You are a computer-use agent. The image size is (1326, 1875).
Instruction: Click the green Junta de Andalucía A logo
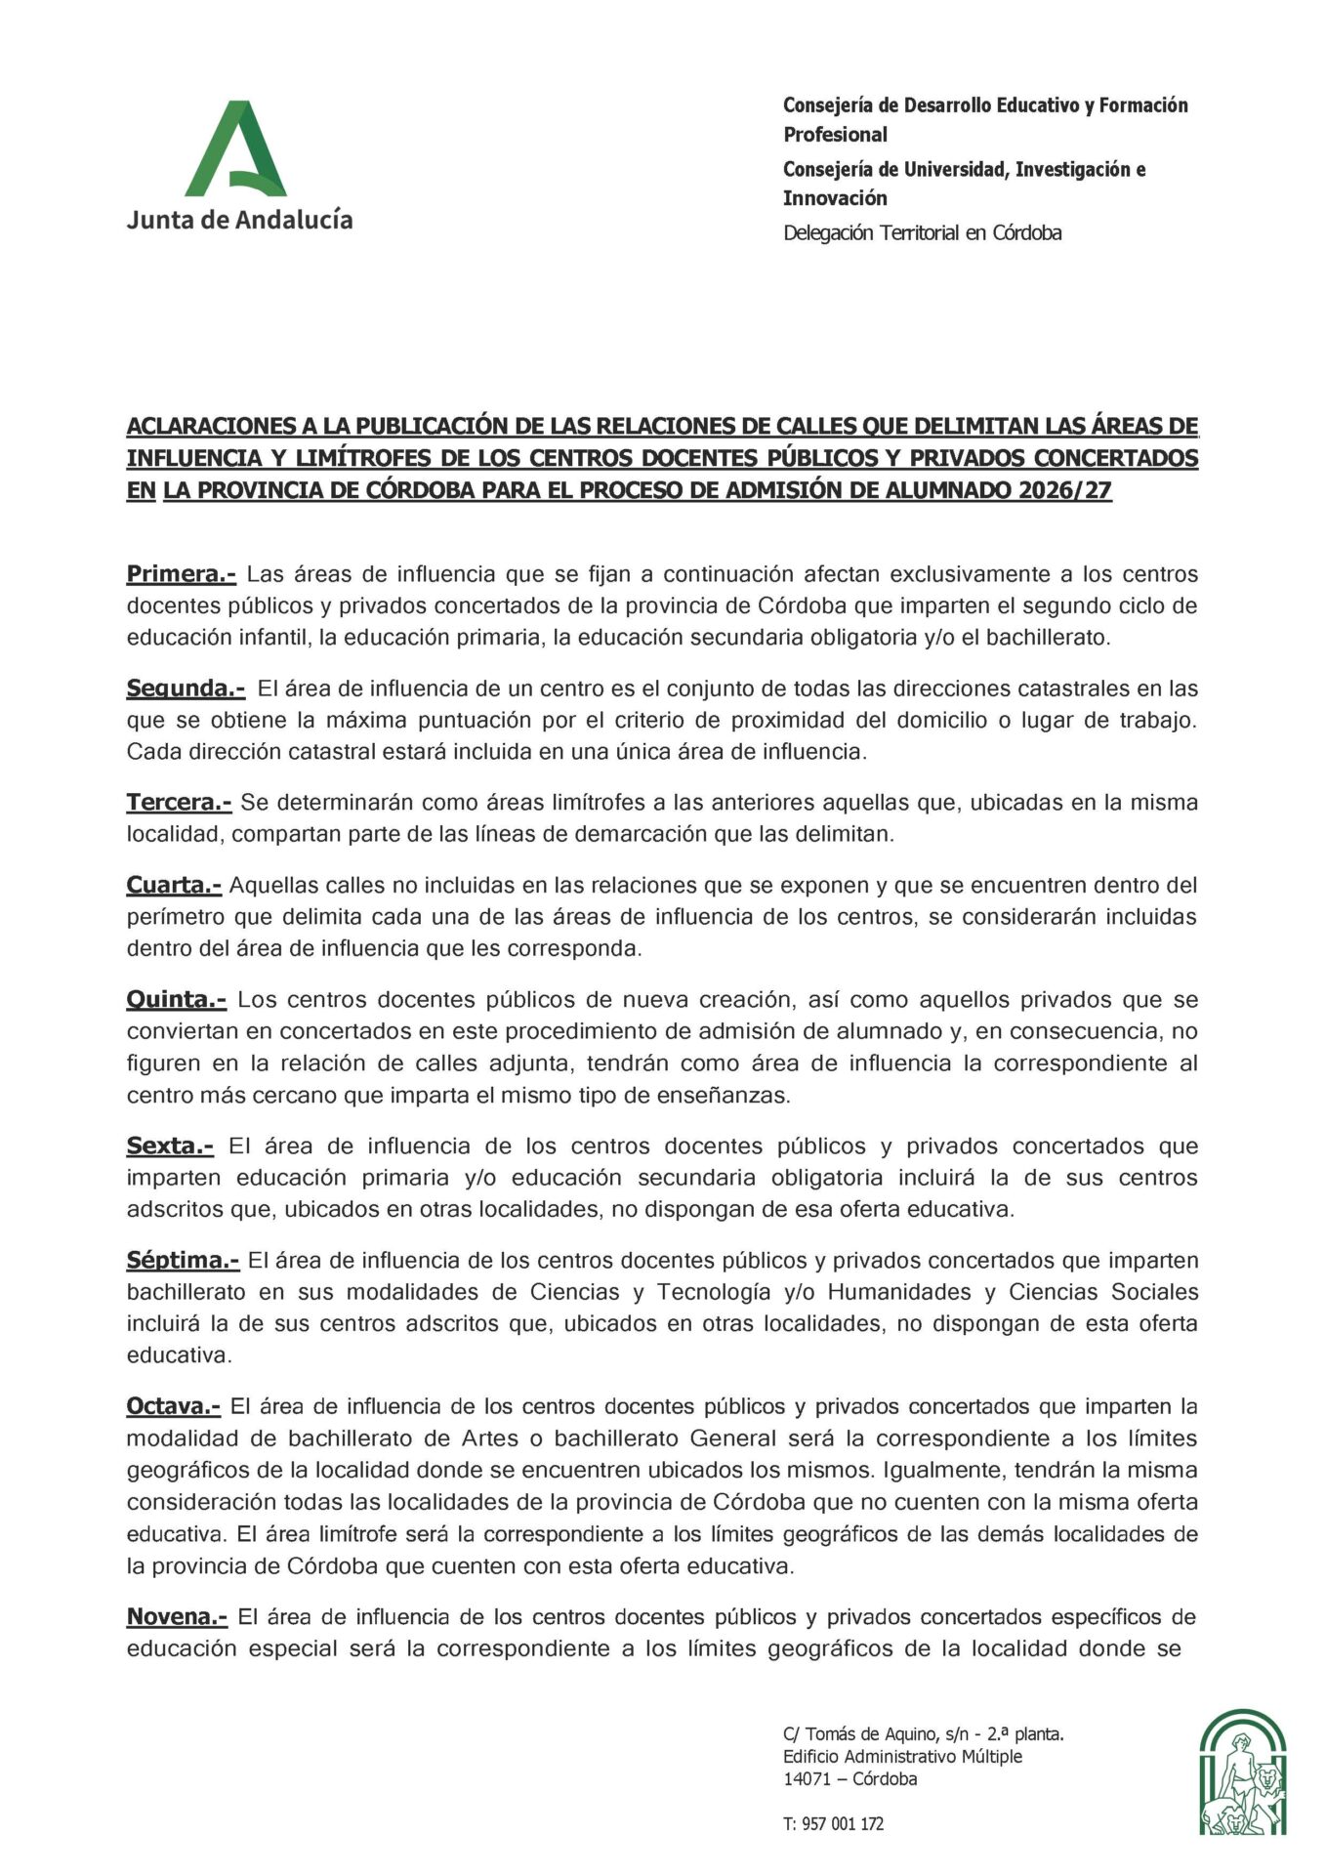click(x=236, y=149)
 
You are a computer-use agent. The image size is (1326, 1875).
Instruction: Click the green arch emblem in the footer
click(x=1242, y=1771)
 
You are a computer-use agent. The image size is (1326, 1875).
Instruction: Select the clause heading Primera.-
click(x=181, y=574)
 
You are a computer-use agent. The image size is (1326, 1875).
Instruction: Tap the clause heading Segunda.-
click(x=186, y=688)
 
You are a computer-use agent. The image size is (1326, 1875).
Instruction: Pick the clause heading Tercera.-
click(x=179, y=803)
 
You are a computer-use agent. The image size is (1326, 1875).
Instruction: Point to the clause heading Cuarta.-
click(x=174, y=886)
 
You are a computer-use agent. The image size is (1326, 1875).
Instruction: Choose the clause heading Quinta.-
click(x=176, y=1000)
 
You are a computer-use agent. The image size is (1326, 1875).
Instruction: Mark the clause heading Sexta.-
click(x=170, y=1146)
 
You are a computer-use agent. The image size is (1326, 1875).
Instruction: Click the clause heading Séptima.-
click(x=183, y=1261)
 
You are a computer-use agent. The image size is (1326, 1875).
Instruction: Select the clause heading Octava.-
click(x=174, y=1406)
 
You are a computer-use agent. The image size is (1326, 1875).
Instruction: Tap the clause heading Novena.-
click(x=177, y=1617)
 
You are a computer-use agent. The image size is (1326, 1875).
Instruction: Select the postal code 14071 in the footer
click(x=807, y=1778)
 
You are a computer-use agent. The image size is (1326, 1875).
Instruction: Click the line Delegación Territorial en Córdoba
click(x=922, y=233)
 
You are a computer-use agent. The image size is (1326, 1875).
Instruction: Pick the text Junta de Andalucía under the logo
click(x=239, y=220)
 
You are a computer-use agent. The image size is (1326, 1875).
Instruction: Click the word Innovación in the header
click(x=835, y=198)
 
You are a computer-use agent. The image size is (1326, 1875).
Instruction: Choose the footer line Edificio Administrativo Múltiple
click(x=902, y=1756)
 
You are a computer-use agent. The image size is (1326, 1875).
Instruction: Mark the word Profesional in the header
click(x=835, y=135)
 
